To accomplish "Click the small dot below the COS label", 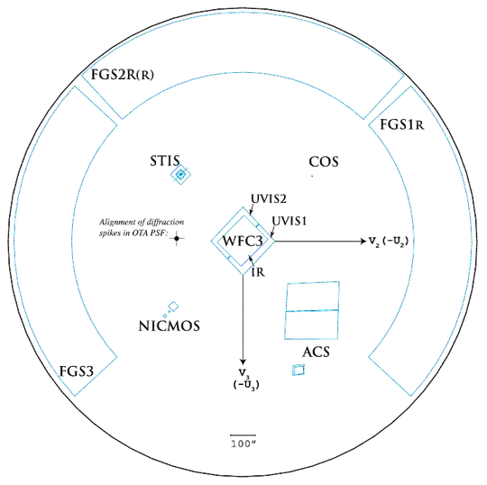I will [x=313, y=177].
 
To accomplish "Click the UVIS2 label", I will [x=270, y=197].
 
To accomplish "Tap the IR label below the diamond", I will [x=255, y=270].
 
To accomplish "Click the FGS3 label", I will [x=76, y=370].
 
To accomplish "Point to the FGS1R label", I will [x=402, y=123].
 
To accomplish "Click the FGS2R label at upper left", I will [x=124, y=75].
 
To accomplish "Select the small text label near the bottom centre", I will [x=244, y=441].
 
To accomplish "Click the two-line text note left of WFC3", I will [x=140, y=228].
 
